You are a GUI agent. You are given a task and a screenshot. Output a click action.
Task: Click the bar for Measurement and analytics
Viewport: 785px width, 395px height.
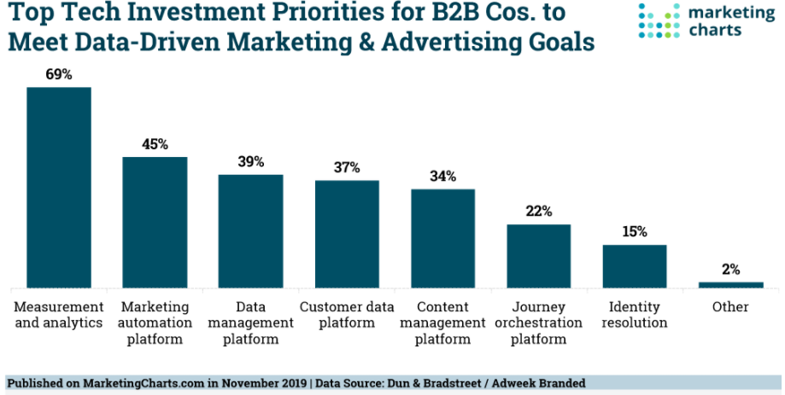point(59,187)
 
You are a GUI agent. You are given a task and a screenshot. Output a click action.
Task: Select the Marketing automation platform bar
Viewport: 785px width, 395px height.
point(155,222)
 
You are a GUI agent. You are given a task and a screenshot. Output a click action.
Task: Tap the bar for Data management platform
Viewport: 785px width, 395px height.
point(250,230)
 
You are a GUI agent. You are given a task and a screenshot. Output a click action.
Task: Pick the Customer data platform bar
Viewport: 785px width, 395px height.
point(347,234)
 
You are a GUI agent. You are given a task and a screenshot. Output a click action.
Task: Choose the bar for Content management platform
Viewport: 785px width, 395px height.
point(442,238)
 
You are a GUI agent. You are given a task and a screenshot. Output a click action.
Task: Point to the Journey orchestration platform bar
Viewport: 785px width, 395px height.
point(539,256)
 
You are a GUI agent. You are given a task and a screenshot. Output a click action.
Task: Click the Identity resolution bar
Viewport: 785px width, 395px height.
point(635,266)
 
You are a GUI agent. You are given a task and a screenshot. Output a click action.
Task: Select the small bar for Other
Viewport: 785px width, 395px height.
point(730,284)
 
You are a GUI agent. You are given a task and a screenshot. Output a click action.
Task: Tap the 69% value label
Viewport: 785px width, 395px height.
point(59,74)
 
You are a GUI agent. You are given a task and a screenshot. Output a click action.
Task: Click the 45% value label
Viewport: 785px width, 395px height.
point(155,144)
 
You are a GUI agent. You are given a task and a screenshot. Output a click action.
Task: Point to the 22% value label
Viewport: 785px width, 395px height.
point(539,212)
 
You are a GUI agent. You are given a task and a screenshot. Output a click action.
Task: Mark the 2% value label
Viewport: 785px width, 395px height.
point(730,270)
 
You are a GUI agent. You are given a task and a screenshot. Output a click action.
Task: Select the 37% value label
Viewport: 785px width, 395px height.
point(347,168)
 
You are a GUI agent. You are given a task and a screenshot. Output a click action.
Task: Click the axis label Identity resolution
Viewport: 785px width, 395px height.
point(635,315)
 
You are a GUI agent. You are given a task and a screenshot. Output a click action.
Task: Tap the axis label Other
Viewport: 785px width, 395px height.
point(730,307)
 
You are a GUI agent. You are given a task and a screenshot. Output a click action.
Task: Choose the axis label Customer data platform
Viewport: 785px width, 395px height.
point(347,315)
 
